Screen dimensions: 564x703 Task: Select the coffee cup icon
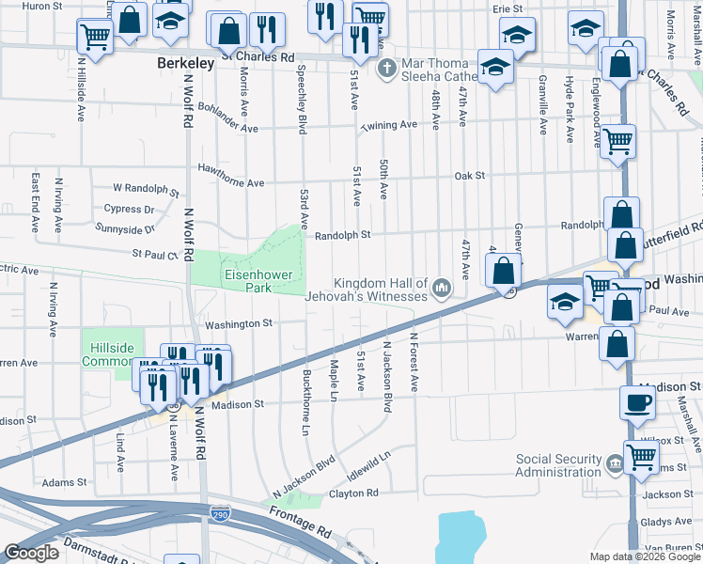click(x=638, y=403)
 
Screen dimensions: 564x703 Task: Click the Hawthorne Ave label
click(x=230, y=169)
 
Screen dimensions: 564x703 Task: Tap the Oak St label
click(x=469, y=176)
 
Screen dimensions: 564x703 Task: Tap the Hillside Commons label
click(x=112, y=353)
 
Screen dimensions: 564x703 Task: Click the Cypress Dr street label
click(x=129, y=209)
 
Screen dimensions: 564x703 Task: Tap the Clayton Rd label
click(x=352, y=493)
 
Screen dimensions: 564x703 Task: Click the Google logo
click(x=31, y=553)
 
